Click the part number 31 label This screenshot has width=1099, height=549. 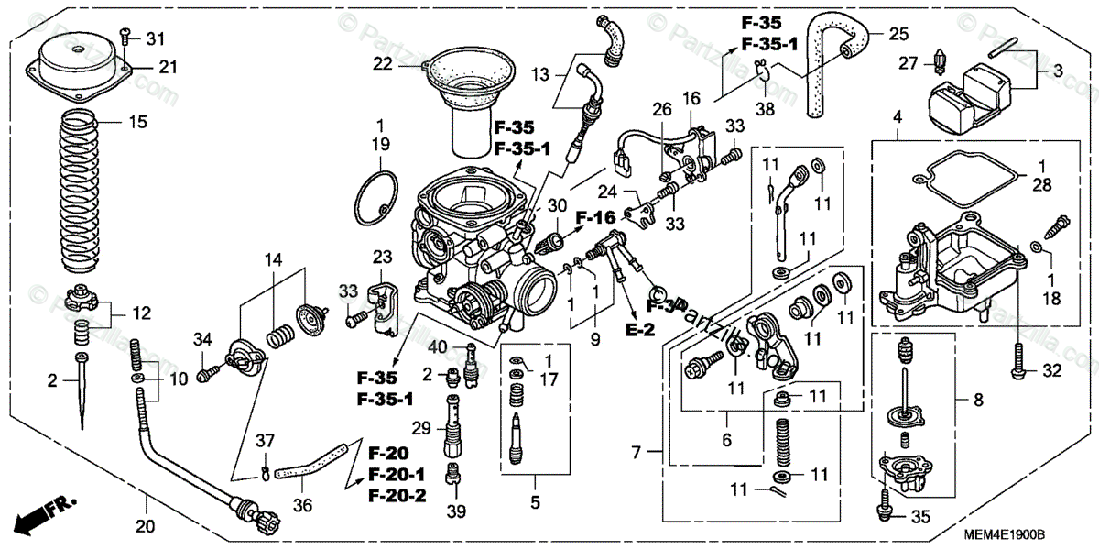156,38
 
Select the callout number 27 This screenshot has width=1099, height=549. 907,63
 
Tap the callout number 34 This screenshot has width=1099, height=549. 202,342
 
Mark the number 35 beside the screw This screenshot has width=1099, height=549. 919,517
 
